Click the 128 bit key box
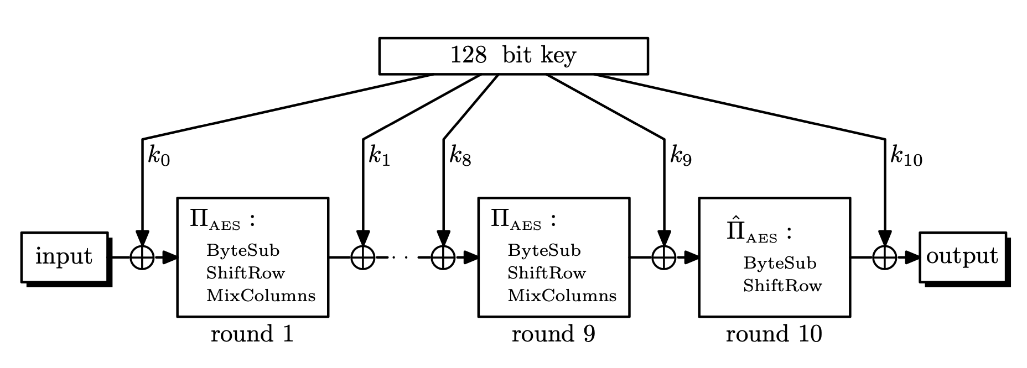point(513,56)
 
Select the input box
point(64,257)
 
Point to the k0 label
point(159,156)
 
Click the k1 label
point(379,156)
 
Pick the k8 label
point(460,156)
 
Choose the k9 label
point(680,156)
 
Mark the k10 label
point(906,156)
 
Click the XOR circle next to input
point(142,257)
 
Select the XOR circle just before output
point(884,257)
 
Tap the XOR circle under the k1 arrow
point(363,257)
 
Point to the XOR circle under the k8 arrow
point(443,257)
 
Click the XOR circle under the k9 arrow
point(663,257)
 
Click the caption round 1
point(252,334)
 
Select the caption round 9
point(553,334)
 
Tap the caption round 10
point(774,334)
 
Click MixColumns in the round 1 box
point(261,296)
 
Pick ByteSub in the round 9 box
point(544,251)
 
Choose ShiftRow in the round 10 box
point(782,286)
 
